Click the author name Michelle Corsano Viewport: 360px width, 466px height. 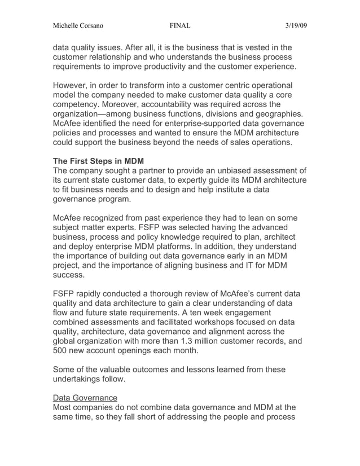pos(77,25)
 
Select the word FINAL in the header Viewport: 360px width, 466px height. pos(180,25)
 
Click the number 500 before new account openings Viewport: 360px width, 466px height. pos(60,351)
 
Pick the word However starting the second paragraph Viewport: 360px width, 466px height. pos(72,85)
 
